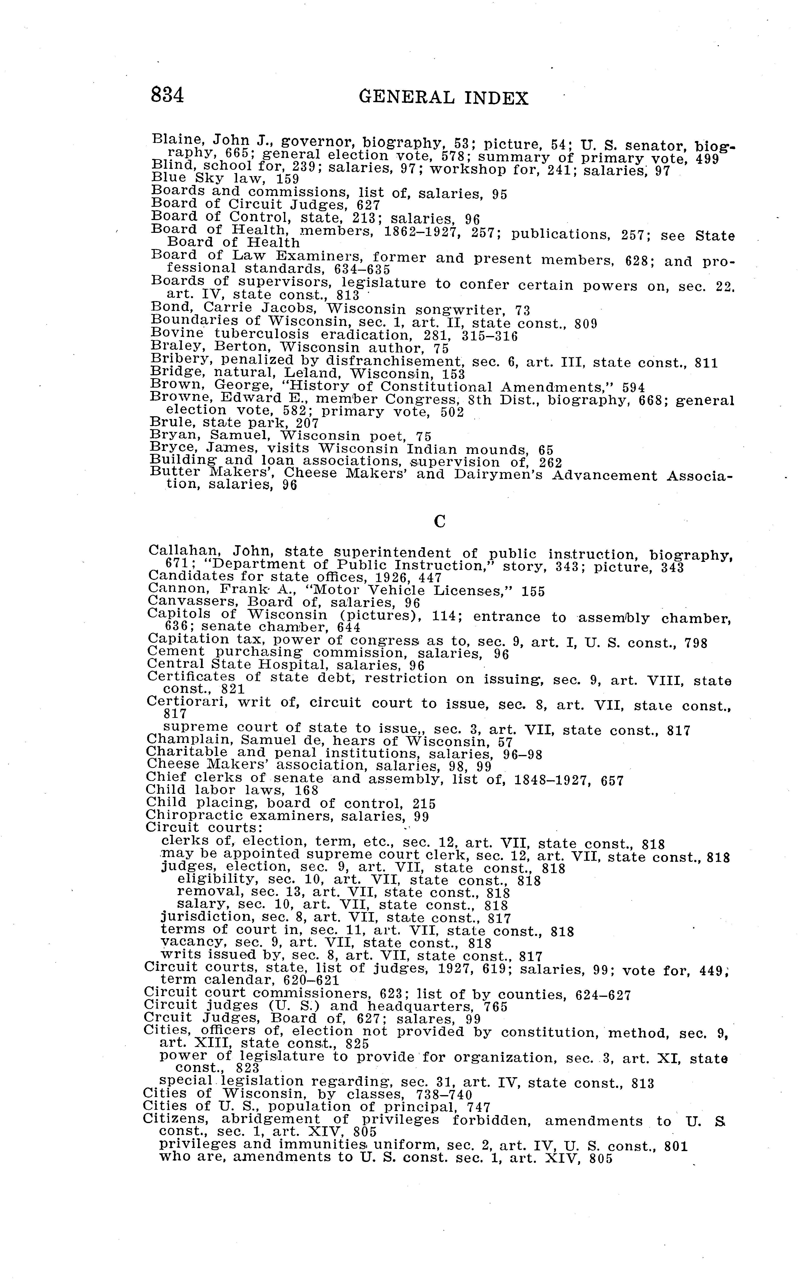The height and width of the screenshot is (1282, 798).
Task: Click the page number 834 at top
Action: (167, 96)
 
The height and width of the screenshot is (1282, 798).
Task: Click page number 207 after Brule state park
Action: (307, 423)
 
